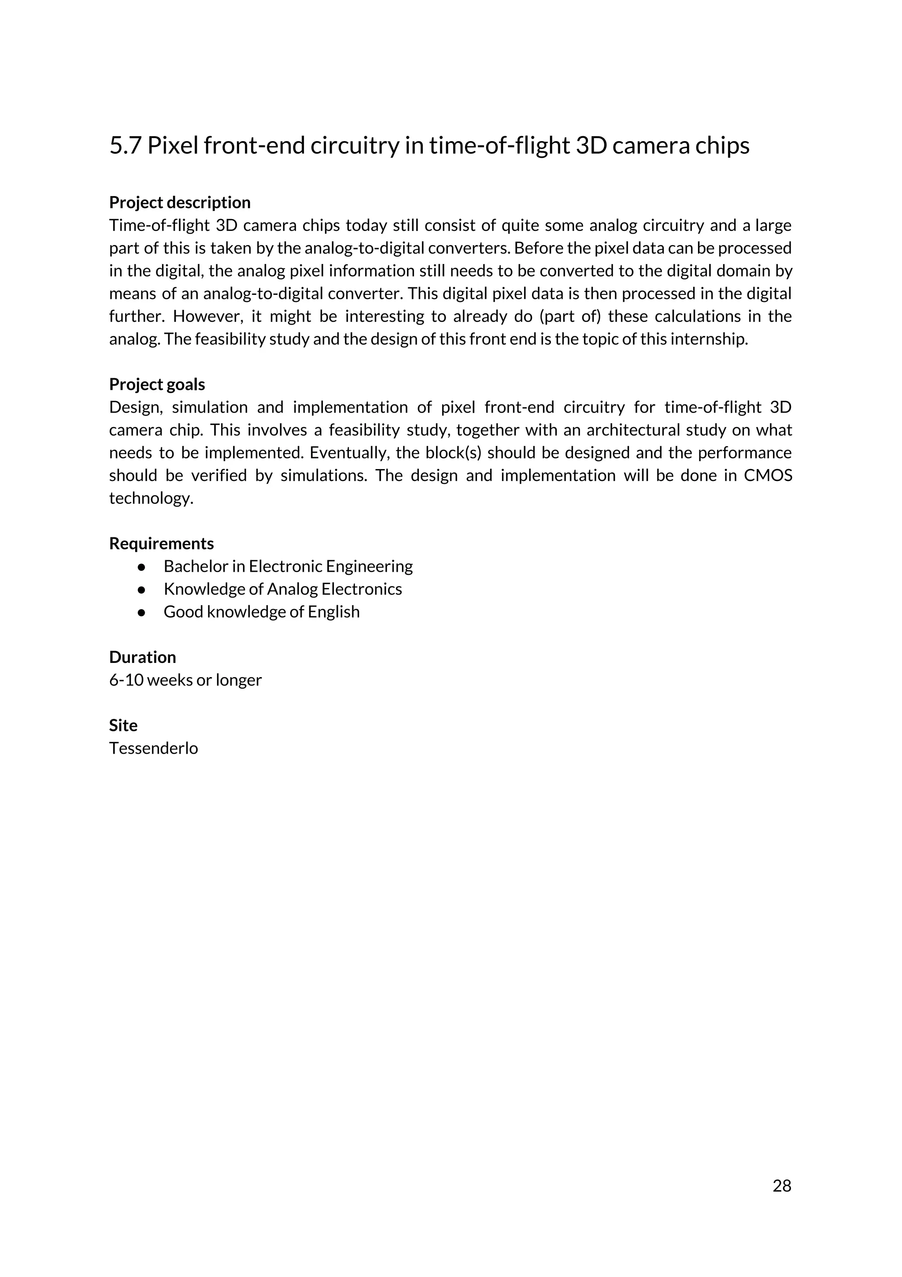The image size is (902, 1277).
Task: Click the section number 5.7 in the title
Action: (125, 146)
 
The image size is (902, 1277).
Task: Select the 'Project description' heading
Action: (180, 202)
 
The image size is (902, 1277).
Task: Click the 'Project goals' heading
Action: (157, 384)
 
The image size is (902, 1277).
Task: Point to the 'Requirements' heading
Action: (161, 544)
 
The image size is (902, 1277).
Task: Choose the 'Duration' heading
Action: (142, 657)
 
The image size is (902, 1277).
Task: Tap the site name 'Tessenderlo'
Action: (153, 748)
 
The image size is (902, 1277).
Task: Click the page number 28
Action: (781, 1186)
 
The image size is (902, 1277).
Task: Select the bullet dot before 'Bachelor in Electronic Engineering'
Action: (142, 567)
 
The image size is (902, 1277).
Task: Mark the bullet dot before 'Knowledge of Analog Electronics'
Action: (142, 589)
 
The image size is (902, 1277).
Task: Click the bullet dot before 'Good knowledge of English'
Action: (142, 612)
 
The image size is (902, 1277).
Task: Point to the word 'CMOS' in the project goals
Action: (768, 476)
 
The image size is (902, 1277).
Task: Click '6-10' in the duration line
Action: (126, 680)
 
